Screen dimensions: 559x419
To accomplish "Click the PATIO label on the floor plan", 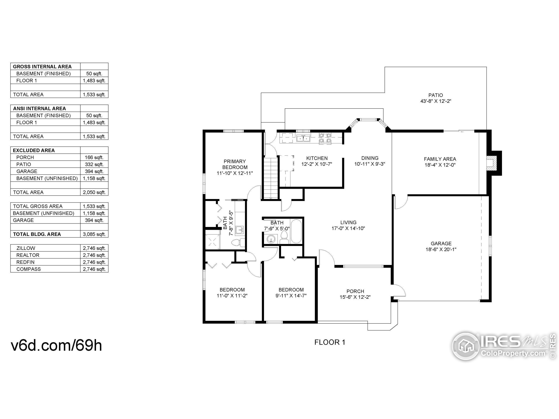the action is pyautogui.click(x=435, y=95).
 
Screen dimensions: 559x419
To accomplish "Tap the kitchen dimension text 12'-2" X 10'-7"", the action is pyautogui.click(x=317, y=164).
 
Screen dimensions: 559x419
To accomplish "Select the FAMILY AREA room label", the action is pyautogui.click(x=440, y=159).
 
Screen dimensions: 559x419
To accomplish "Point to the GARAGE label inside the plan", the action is pyautogui.click(x=441, y=244).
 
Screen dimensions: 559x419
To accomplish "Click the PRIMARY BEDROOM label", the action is pyautogui.click(x=235, y=164).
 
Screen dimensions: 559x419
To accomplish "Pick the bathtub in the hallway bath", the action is pyautogui.click(x=296, y=231).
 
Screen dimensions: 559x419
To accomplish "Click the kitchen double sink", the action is pyautogui.click(x=303, y=138).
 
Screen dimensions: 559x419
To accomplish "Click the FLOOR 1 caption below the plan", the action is pyautogui.click(x=330, y=342).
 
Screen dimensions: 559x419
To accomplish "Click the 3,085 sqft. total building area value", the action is pyautogui.click(x=94, y=234).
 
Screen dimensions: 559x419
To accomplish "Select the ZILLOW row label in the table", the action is pyautogui.click(x=26, y=248).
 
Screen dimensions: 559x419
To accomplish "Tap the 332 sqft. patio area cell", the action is pyautogui.click(x=94, y=164).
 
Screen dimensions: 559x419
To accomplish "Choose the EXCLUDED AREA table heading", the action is pyautogui.click(x=34, y=150).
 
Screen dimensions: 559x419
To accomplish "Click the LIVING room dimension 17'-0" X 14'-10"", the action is pyautogui.click(x=348, y=228).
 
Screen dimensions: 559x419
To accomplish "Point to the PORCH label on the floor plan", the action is pyautogui.click(x=355, y=291).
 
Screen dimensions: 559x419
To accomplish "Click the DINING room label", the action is pyautogui.click(x=370, y=158).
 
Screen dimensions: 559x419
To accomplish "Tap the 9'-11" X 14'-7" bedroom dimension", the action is pyautogui.click(x=291, y=295).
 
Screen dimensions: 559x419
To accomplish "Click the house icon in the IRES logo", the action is pyautogui.click(x=466, y=346).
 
